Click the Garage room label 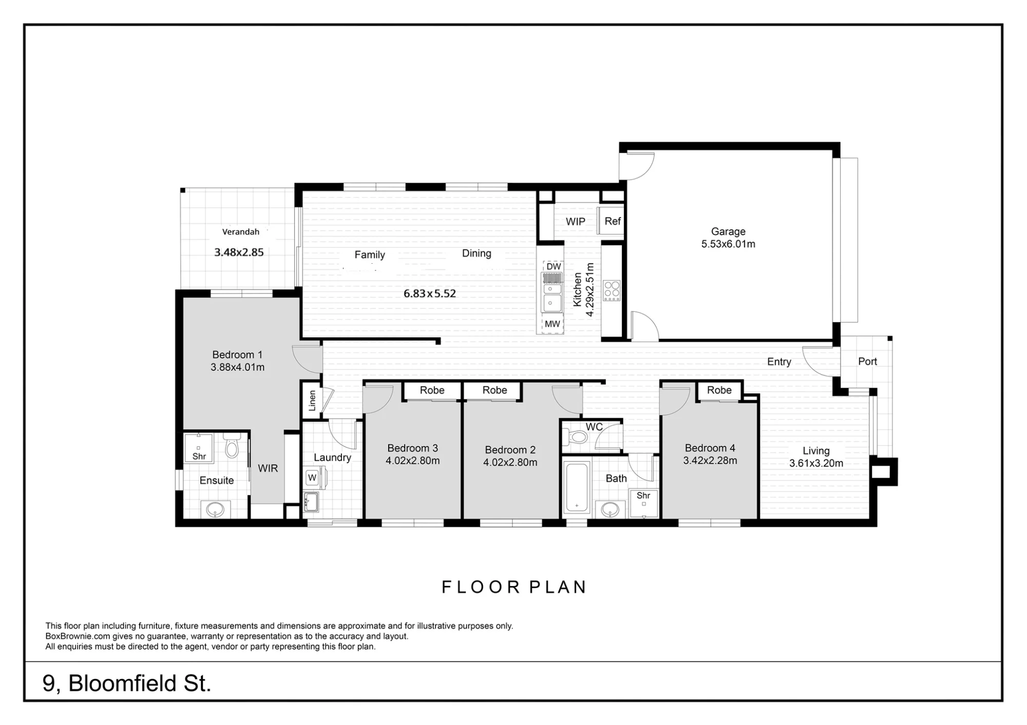[728, 231]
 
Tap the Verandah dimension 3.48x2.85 [239, 252]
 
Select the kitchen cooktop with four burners [612, 290]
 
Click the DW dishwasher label [554, 266]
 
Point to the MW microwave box [553, 324]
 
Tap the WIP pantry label [575, 222]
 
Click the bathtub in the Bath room [577, 487]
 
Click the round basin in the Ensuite [215, 510]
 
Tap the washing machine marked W [312, 478]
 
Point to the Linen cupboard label [312, 401]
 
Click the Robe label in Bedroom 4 [719, 390]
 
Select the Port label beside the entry [867, 361]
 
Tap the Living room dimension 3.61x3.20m [816, 463]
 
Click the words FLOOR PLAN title [514, 587]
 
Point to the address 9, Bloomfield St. [127, 683]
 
